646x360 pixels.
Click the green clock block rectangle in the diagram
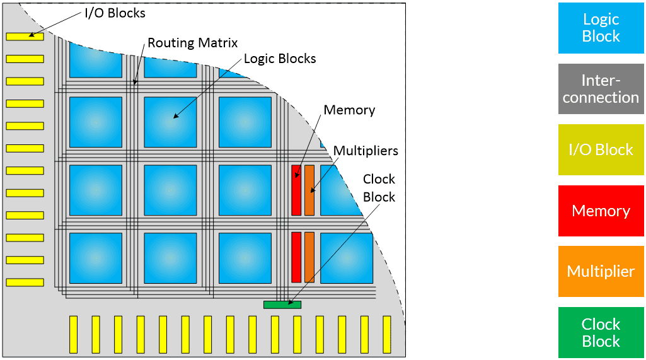[x=282, y=305]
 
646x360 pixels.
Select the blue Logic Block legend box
[x=601, y=28]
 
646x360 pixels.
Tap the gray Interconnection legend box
[x=601, y=89]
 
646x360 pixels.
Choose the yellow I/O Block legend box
[x=601, y=149]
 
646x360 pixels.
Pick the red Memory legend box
[x=601, y=211]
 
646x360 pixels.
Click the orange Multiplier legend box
[x=601, y=271]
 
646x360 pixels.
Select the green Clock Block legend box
[x=601, y=332]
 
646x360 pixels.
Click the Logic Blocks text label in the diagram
[x=280, y=59]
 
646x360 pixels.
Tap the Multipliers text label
[x=366, y=151]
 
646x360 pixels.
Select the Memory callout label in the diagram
[x=349, y=110]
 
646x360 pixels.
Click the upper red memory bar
[x=296, y=190]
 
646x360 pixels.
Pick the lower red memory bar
[x=296, y=257]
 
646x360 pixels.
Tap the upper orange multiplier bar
[x=309, y=190]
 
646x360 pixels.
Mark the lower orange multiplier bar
[x=309, y=257]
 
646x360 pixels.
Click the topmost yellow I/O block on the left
[x=25, y=37]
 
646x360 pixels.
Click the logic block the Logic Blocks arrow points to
[x=170, y=122]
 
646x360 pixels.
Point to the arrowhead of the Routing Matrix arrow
[x=135, y=83]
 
